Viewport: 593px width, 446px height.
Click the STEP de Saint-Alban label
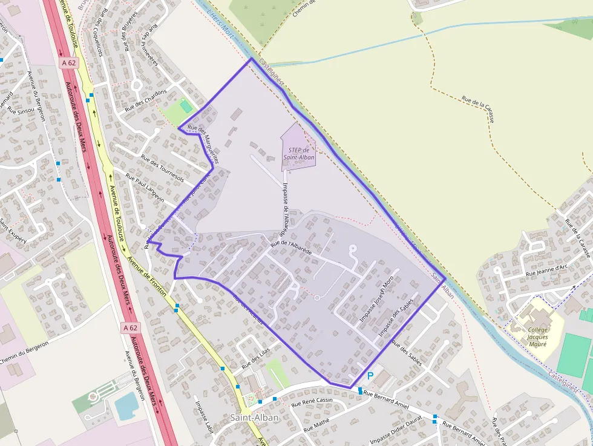tap(299, 154)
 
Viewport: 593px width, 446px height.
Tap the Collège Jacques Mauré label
tap(537, 336)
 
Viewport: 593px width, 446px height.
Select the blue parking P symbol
tap(370, 376)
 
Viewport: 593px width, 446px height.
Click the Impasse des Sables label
tap(396, 318)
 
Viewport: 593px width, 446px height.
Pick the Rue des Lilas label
tap(255, 359)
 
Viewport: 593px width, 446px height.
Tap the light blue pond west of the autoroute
tap(126, 405)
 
